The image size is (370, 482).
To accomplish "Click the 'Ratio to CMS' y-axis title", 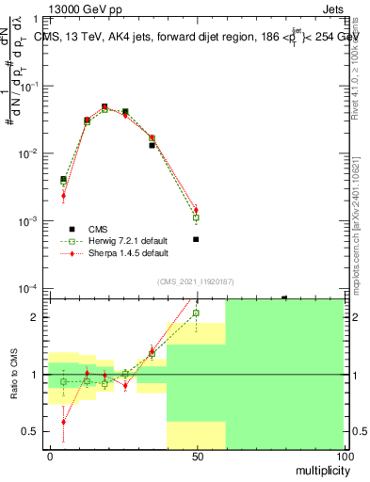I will [14, 374].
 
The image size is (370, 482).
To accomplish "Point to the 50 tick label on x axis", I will [197, 456].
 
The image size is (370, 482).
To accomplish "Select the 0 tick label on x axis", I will [50, 456].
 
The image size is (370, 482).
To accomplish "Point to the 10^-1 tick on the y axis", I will [31, 86].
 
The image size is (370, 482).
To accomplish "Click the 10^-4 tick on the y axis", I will [31, 288].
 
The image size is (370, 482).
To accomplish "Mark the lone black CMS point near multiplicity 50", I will [196, 239].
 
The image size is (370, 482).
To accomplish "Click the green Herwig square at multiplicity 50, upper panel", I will [196, 217].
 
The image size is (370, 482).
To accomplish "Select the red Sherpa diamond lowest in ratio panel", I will [63, 423].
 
